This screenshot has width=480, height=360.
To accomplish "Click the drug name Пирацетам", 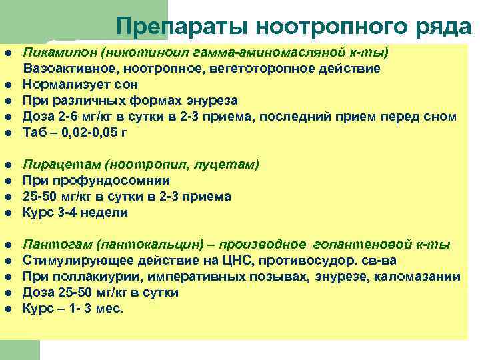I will [53, 165].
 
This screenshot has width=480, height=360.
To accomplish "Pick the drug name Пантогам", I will [50, 245].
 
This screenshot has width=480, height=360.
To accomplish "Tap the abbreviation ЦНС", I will [207, 261].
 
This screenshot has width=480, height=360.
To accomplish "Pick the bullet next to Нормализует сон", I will [8, 84].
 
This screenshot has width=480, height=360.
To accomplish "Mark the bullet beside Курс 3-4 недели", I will [8, 213].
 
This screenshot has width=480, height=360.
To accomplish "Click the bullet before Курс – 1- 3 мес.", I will [8, 309].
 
